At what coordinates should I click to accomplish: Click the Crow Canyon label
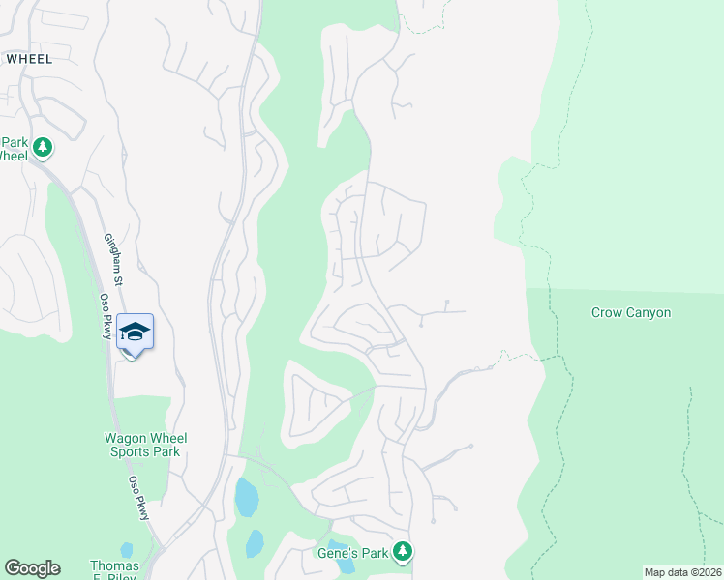coord(630,313)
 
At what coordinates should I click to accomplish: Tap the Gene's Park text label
coord(351,554)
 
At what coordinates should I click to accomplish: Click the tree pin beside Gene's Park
coord(403,552)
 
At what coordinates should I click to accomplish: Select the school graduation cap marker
coord(135,333)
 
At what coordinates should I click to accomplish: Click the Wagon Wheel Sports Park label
coord(145,445)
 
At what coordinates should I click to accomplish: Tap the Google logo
coord(32,568)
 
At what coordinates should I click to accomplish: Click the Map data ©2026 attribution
coord(683,572)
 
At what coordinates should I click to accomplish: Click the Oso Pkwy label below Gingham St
coord(106,317)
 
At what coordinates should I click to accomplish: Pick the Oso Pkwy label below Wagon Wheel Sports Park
coord(139,499)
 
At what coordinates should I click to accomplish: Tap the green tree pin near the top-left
coord(42,148)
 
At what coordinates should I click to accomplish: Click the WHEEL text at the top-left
coord(28,58)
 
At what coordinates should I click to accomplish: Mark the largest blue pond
coord(246,497)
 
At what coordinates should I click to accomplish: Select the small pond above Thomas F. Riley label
coord(126,550)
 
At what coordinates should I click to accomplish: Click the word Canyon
coord(649,313)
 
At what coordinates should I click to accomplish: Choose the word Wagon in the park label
coord(124,438)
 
